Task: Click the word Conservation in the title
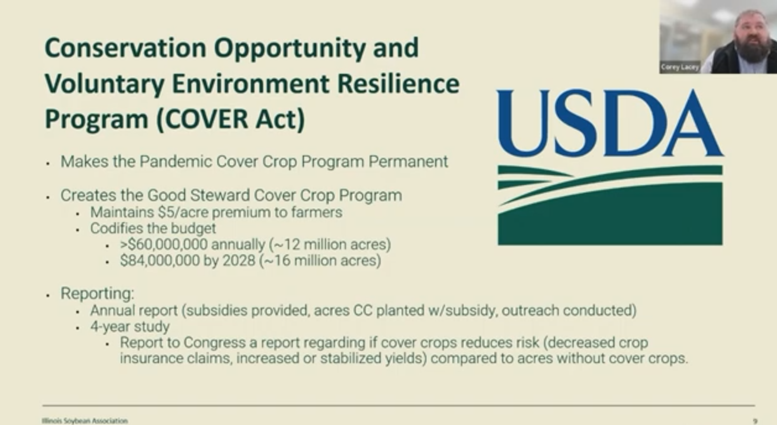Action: point(125,48)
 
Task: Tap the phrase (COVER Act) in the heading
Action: point(231,119)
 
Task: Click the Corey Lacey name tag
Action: point(680,67)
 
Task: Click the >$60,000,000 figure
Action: point(164,245)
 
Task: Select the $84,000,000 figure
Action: point(160,261)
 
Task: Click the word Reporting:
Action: point(97,294)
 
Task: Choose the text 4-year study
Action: point(130,327)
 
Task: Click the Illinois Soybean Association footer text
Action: point(85,420)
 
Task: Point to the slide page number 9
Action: point(755,421)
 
